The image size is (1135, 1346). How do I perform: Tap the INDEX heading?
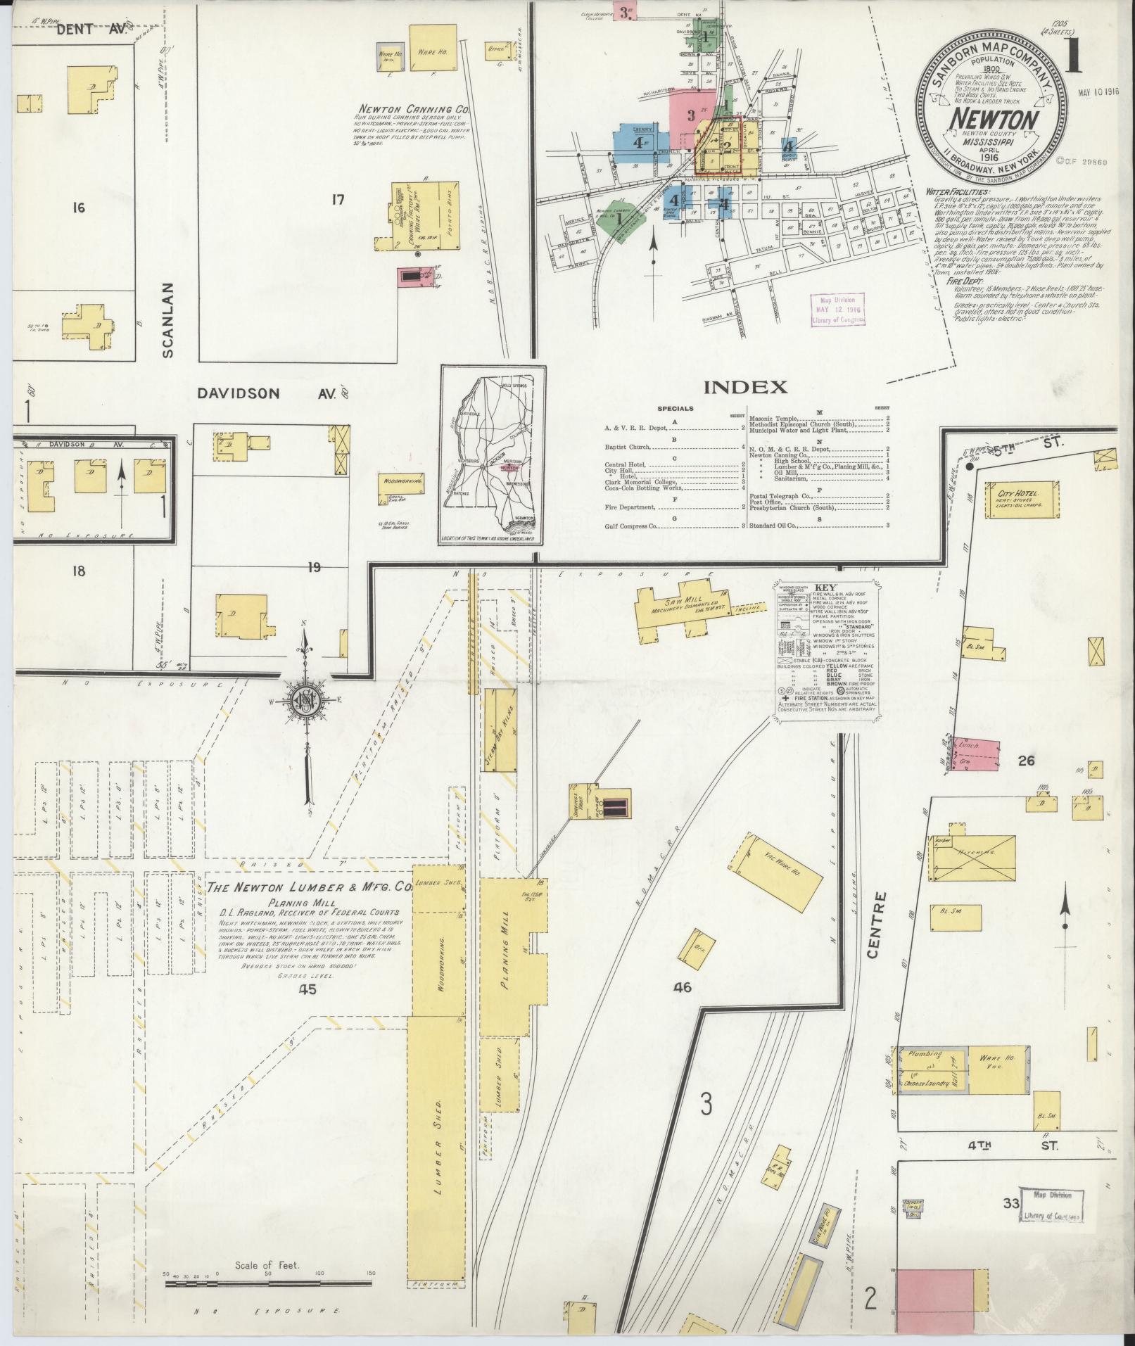click(745, 387)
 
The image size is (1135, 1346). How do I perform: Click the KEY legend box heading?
click(825, 587)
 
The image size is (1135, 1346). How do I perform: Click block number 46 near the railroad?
click(682, 987)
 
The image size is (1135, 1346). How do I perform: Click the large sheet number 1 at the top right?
click(1073, 58)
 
